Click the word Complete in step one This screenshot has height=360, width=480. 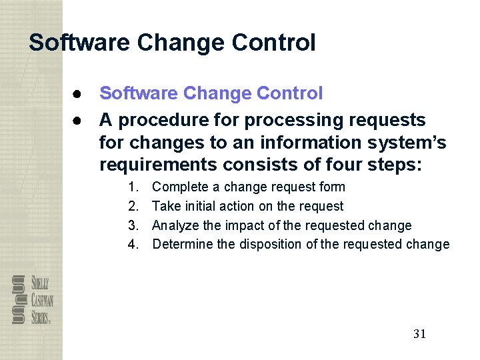pos(179,187)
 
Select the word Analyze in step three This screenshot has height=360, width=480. pos(175,225)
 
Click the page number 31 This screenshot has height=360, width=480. pos(419,334)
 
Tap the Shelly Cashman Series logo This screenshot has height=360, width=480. pos(31,299)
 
